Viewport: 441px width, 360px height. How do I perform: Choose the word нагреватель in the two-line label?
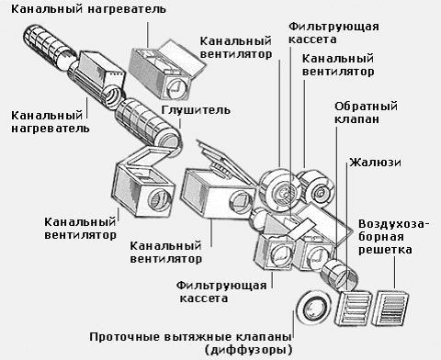51,129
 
